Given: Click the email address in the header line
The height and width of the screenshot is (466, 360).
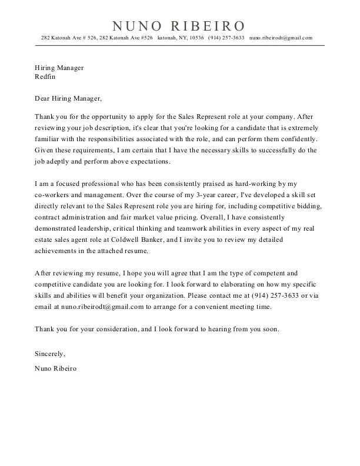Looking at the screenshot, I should [281, 38].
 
